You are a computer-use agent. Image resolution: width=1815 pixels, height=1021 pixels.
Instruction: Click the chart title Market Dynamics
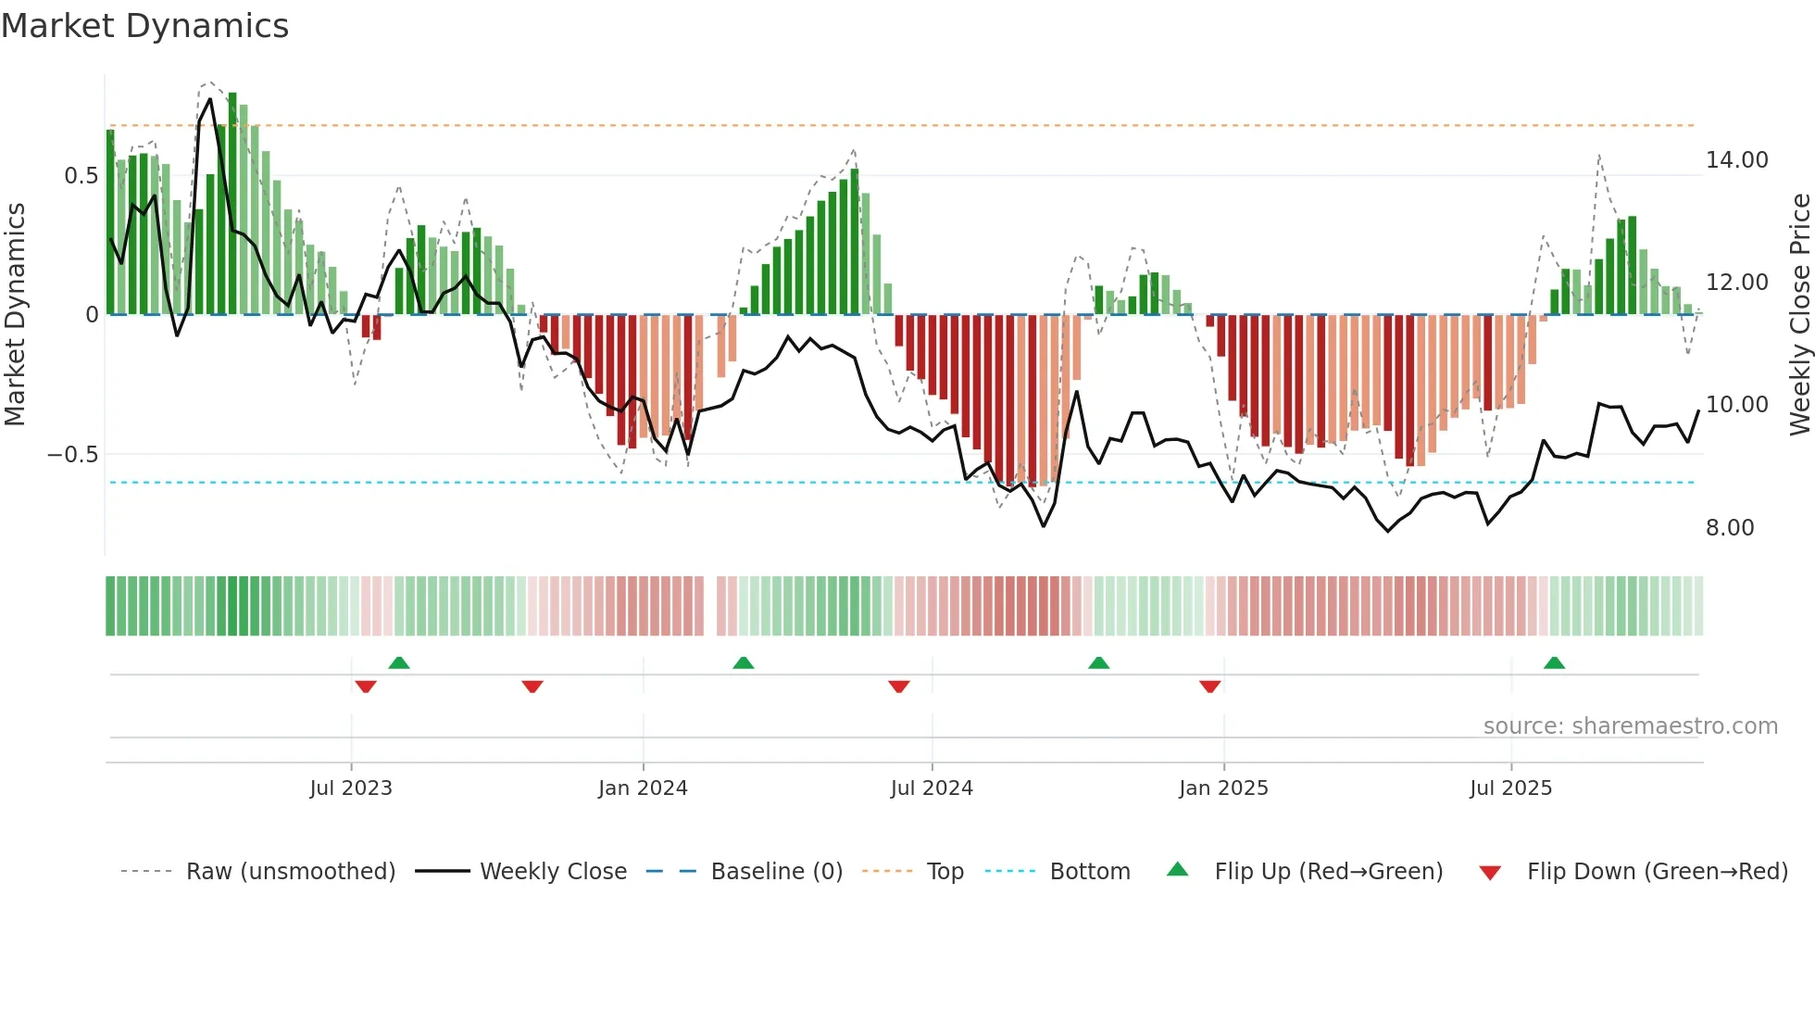[x=145, y=26]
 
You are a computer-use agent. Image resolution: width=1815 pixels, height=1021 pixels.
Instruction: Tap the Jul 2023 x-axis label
[x=351, y=788]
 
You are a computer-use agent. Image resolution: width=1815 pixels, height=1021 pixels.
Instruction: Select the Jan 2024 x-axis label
[x=643, y=788]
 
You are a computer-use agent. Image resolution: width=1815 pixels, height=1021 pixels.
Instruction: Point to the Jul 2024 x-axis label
[x=932, y=788]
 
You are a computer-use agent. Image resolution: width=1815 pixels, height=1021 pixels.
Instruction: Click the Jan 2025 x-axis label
[x=1223, y=788]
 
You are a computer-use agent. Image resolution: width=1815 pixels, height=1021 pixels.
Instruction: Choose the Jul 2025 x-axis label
[x=1510, y=788]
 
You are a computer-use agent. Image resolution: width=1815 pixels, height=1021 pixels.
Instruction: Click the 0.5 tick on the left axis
[x=81, y=176]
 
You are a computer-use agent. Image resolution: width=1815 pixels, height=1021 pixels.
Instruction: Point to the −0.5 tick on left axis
[x=73, y=455]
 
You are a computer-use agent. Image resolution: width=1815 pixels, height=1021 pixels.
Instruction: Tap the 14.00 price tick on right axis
[x=1737, y=160]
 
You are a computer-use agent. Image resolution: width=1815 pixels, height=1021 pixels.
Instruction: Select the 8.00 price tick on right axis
[x=1730, y=528]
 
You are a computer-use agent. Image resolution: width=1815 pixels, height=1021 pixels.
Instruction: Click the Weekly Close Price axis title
[x=1799, y=315]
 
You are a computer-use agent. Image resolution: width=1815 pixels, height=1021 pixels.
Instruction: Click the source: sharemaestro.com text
[x=1630, y=726]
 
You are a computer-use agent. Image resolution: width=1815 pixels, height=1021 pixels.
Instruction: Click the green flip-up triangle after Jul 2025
[x=1554, y=663]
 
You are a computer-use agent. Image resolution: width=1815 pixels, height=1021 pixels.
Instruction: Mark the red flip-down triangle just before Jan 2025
[x=1209, y=687]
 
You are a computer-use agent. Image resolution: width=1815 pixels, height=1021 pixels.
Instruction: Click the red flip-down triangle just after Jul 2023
[x=366, y=687]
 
